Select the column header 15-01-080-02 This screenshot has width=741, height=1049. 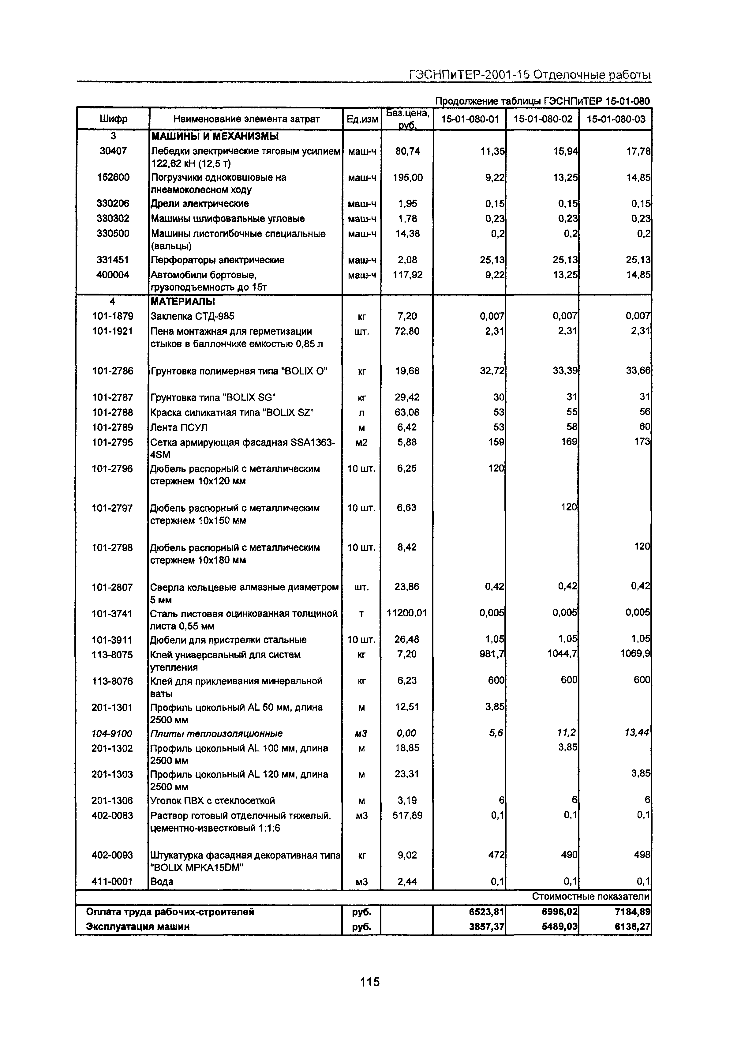543,119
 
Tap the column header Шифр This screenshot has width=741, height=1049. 113,119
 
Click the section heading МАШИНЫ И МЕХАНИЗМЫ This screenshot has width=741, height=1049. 215,136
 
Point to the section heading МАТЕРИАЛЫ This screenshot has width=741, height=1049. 183,302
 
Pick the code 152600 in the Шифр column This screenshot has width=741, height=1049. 113,177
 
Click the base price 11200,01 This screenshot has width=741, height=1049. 406,613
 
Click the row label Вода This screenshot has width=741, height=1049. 162,881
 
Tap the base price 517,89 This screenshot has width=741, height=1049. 407,815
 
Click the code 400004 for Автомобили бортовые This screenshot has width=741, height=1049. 113,275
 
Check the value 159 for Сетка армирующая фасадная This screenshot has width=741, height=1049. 496,442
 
